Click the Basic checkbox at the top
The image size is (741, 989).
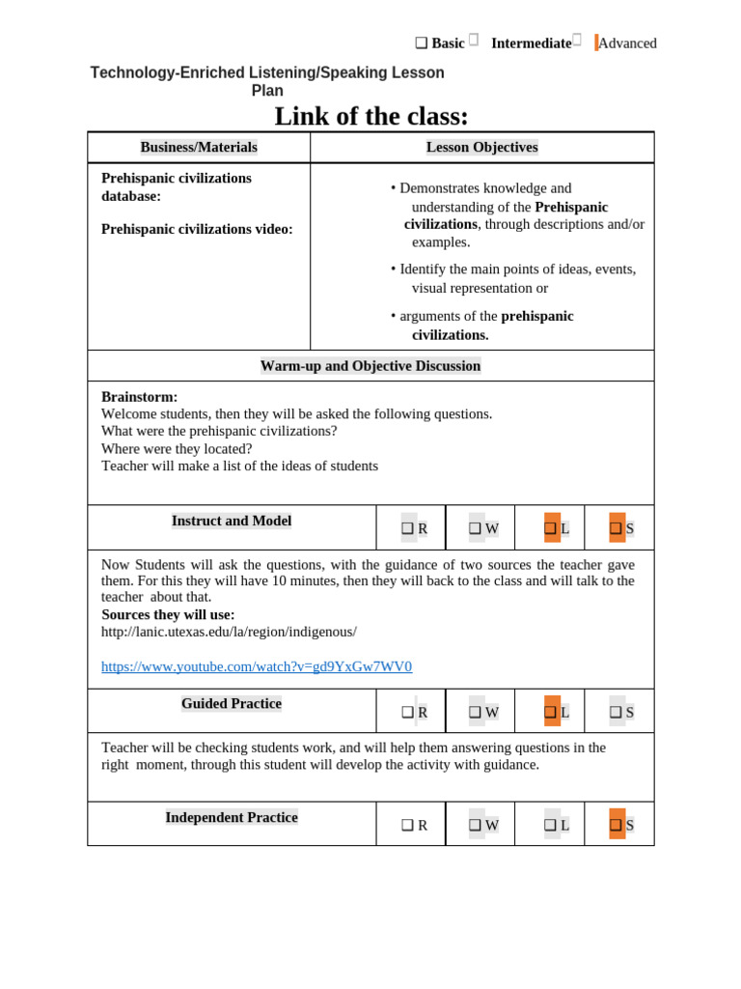pyautogui.click(x=422, y=43)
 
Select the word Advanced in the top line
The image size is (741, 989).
pyautogui.click(x=627, y=43)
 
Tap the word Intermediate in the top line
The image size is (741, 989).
pyautogui.click(x=531, y=43)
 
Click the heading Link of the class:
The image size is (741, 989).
pyautogui.click(x=371, y=116)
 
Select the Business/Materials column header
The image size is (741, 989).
pyautogui.click(x=199, y=147)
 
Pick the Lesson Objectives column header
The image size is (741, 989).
pyautogui.click(x=481, y=147)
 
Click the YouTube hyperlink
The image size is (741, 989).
pyautogui.click(x=257, y=666)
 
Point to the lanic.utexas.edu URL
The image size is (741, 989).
pyautogui.click(x=229, y=632)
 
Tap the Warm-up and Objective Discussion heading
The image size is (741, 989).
pyautogui.click(x=370, y=366)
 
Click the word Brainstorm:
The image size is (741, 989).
pyautogui.click(x=139, y=397)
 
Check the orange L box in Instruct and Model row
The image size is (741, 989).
pyautogui.click(x=552, y=528)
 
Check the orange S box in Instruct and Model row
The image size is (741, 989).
pyautogui.click(x=617, y=528)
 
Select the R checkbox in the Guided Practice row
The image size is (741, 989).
pyautogui.click(x=408, y=713)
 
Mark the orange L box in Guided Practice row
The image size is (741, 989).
pyautogui.click(x=552, y=712)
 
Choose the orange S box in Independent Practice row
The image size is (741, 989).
pyautogui.click(x=617, y=825)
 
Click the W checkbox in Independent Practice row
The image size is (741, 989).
pyautogui.click(x=477, y=825)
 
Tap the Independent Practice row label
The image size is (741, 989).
pyautogui.click(x=232, y=817)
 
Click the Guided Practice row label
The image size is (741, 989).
pyautogui.click(x=232, y=704)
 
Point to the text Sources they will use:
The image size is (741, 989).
pyautogui.click(x=168, y=614)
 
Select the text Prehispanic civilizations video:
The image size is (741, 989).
pyautogui.click(x=197, y=229)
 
